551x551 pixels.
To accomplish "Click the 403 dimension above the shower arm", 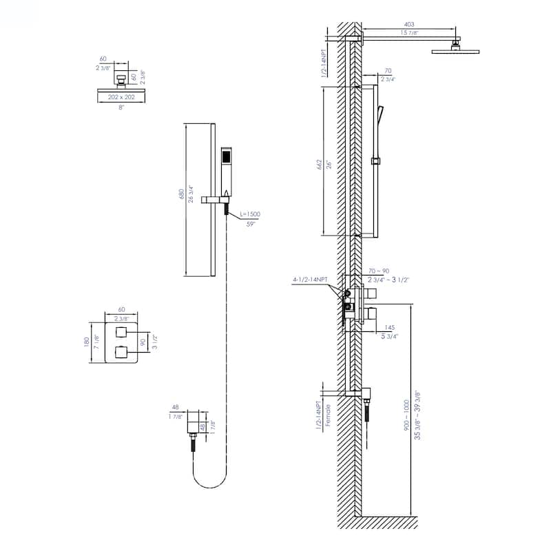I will [x=409, y=24].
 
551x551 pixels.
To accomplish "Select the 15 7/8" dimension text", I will [x=409, y=33].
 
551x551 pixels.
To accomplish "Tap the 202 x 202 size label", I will [x=121, y=98].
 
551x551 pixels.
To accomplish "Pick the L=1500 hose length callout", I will [x=249, y=214].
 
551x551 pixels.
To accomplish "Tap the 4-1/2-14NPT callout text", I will [x=310, y=280].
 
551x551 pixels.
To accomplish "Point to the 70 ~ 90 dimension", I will [x=380, y=271].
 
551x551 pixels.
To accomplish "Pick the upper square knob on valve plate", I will [x=123, y=333].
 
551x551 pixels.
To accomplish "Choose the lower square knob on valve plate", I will [x=123, y=353].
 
